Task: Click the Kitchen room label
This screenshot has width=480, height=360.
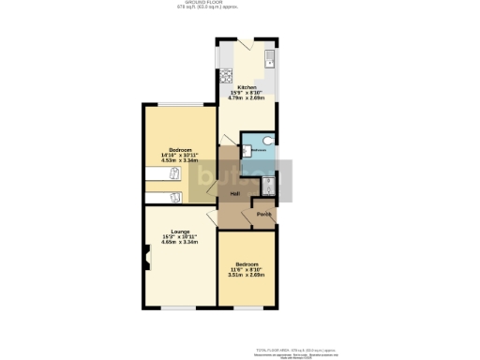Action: pyautogui.click(x=247, y=87)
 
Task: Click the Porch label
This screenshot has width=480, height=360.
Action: pyautogui.click(x=264, y=214)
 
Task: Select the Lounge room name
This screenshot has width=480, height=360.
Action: pyautogui.click(x=180, y=231)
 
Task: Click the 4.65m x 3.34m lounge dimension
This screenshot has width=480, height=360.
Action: pyautogui.click(x=180, y=242)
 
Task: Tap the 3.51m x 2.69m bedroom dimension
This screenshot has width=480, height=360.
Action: pyautogui.click(x=247, y=275)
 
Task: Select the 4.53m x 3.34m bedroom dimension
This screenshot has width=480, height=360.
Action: pyautogui.click(x=180, y=160)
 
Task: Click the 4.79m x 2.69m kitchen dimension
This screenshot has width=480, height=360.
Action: pyautogui.click(x=247, y=97)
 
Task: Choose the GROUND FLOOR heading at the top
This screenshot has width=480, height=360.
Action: pyautogui.click(x=240, y=4)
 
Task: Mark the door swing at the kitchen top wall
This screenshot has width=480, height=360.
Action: pyautogui.click(x=244, y=46)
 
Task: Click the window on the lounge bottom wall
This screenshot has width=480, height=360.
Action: pyautogui.click(x=179, y=308)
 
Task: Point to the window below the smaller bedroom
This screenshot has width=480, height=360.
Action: pyautogui.click(x=247, y=308)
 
